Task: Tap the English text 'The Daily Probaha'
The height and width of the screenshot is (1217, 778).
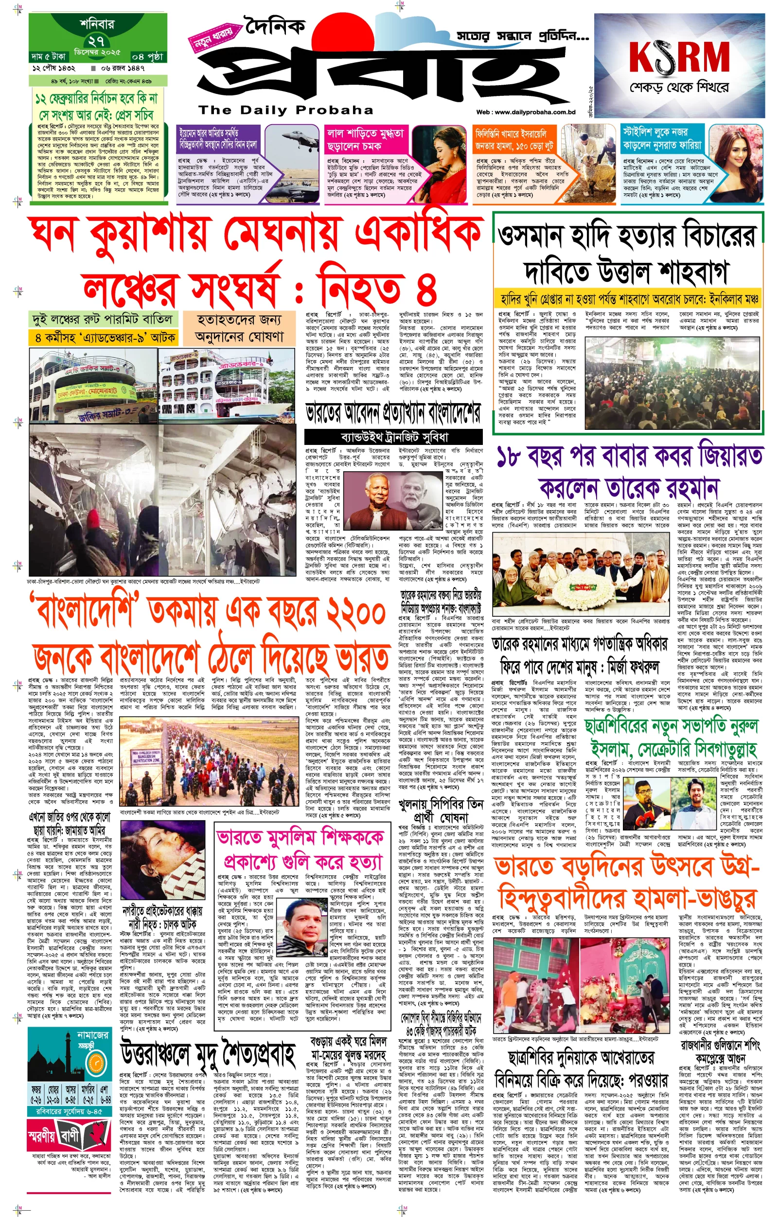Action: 286,110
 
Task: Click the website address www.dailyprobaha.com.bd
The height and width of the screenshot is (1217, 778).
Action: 526,112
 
